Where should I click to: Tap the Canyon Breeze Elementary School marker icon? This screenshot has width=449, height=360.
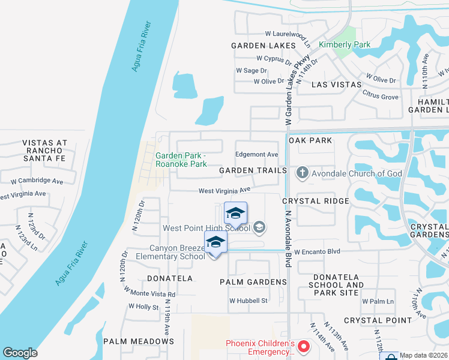click(216, 242)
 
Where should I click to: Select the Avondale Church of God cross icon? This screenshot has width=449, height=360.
click(302, 173)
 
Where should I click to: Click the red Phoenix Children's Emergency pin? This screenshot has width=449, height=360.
click(304, 346)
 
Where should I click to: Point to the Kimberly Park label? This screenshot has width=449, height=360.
click(345, 44)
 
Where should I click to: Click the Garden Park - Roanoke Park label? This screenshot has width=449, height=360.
click(181, 160)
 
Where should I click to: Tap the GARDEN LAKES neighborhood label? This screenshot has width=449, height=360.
click(264, 46)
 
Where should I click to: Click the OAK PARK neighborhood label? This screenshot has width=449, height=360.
click(310, 140)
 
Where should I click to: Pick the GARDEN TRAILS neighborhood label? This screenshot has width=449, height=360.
click(253, 170)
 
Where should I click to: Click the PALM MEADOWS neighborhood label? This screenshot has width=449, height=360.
click(139, 341)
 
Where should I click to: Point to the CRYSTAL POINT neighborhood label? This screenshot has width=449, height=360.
click(378, 320)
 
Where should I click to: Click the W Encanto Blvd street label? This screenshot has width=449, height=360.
click(317, 251)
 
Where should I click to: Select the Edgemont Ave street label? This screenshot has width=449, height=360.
click(257, 155)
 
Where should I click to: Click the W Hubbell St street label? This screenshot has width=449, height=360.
click(248, 301)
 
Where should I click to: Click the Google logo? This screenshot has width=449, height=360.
click(20, 353)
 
